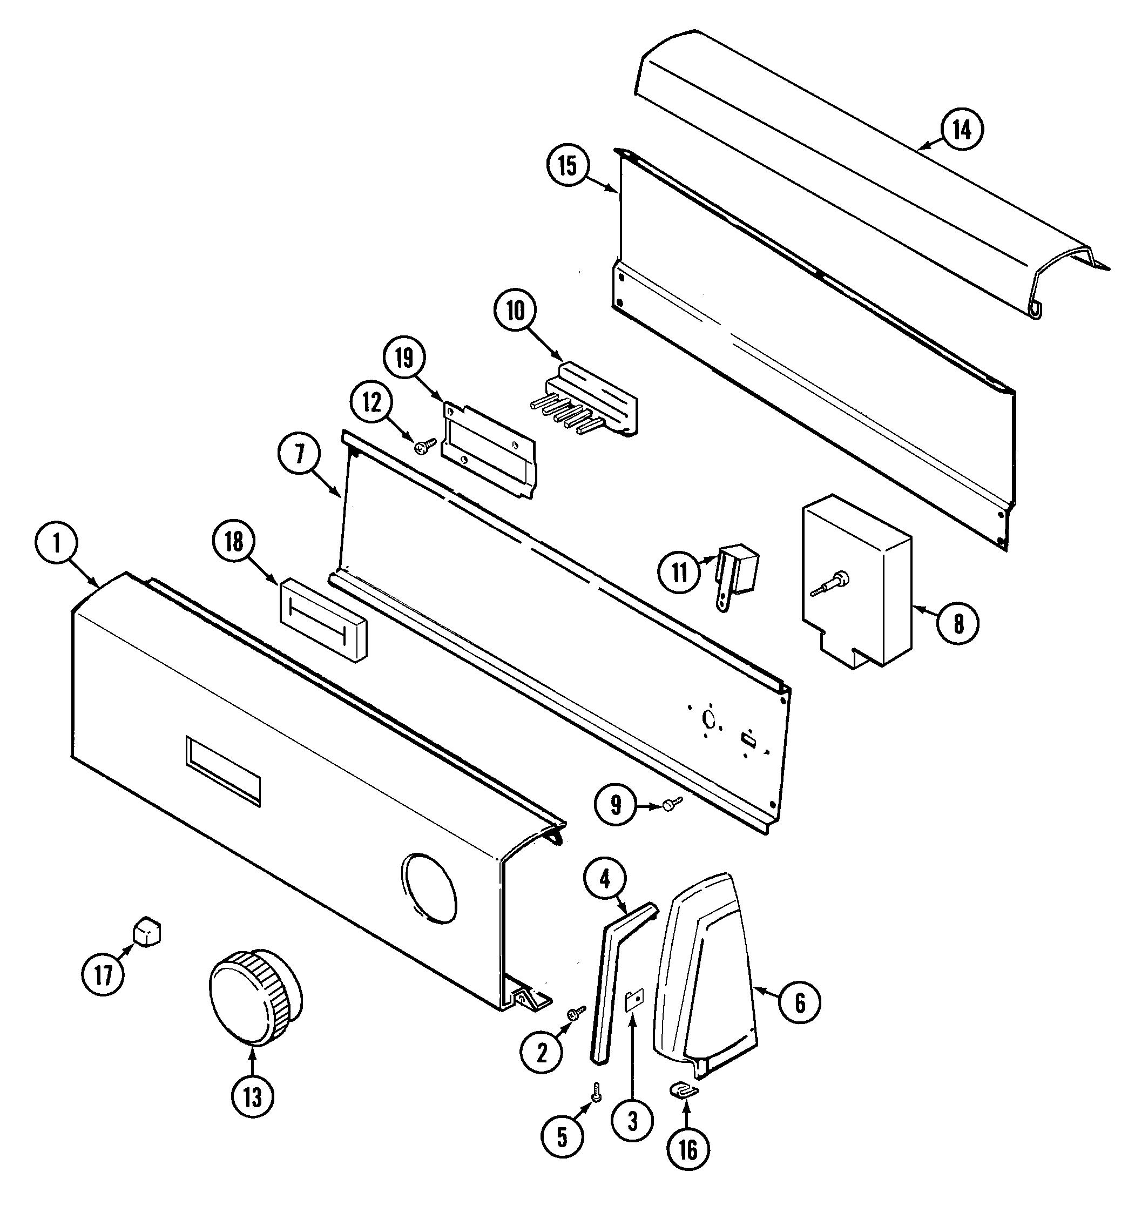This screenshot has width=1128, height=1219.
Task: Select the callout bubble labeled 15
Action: tap(568, 166)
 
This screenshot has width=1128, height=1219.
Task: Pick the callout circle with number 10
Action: tap(515, 311)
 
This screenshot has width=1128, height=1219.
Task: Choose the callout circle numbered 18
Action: tap(234, 541)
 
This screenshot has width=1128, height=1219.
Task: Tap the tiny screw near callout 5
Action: tap(596, 1092)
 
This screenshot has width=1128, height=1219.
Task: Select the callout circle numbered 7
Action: tap(299, 454)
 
